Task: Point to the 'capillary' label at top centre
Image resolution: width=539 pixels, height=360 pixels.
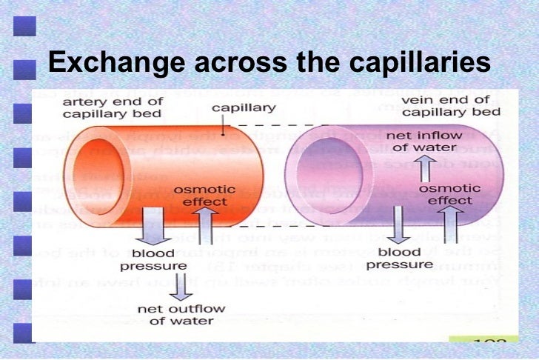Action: click(244, 108)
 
